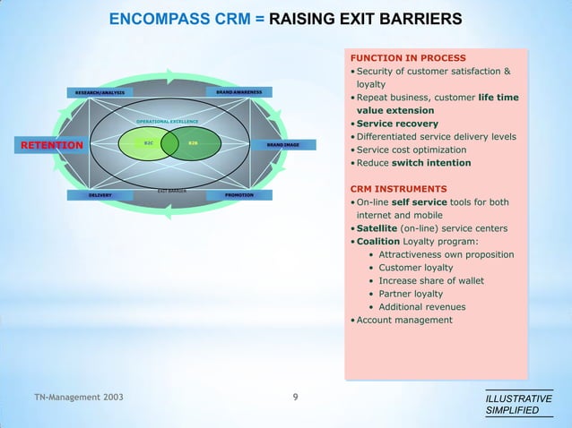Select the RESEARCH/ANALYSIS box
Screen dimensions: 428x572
coord(100,92)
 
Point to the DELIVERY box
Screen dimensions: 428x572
coord(100,194)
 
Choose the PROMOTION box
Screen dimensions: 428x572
coord(238,194)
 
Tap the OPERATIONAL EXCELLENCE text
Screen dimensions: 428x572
coord(168,121)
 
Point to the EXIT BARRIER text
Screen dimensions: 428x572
coord(171,190)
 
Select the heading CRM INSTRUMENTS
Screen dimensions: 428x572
coord(398,189)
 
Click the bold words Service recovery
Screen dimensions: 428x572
coord(397,124)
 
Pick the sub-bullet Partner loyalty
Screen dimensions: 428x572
coord(411,294)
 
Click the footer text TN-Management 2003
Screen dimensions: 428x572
coord(79,396)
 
